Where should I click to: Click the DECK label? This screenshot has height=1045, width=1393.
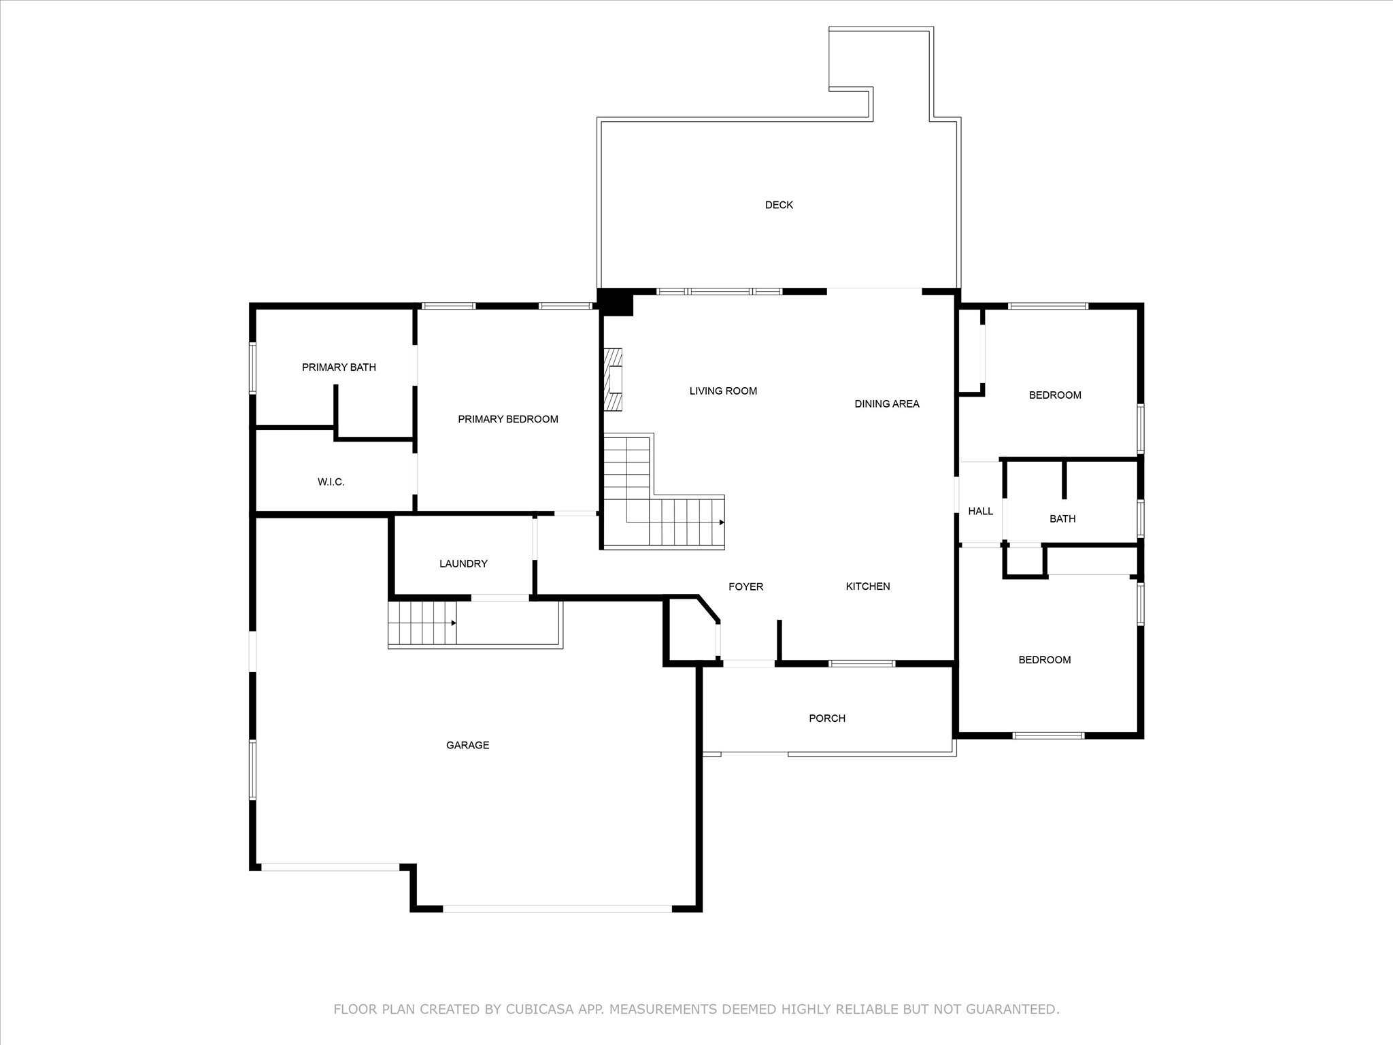tap(779, 205)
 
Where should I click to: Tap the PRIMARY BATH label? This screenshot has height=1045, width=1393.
tap(339, 367)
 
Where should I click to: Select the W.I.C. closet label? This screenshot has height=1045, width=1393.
tap(331, 482)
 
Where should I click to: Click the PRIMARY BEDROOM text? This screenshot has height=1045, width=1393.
tap(508, 419)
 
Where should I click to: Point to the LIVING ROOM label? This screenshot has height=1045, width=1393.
tap(723, 391)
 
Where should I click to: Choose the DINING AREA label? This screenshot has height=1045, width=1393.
tap(887, 404)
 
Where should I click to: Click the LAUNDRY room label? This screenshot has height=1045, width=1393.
tap(463, 564)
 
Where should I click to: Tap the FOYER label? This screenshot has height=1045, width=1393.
tap(746, 587)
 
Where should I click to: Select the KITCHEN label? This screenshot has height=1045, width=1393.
tap(868, 586)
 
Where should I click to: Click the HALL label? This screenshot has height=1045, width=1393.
tap(980, 511)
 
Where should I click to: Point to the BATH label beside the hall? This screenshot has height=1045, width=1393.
tap(1062, 519)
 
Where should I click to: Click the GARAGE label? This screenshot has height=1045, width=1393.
tap(468, 746)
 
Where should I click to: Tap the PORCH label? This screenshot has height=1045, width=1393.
tap(827, 718)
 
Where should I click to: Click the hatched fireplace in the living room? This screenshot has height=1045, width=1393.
tap(614, 380)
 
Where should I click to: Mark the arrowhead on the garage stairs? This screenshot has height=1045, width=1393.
tap(454, 623)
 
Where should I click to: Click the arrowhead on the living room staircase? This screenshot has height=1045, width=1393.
tap(722, 522)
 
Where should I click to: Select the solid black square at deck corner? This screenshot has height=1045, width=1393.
tap(615, 302)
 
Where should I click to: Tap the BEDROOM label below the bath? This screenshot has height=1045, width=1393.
tap(1044, 660)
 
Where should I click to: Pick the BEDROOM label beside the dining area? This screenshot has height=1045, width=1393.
tap(1055, 395)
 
